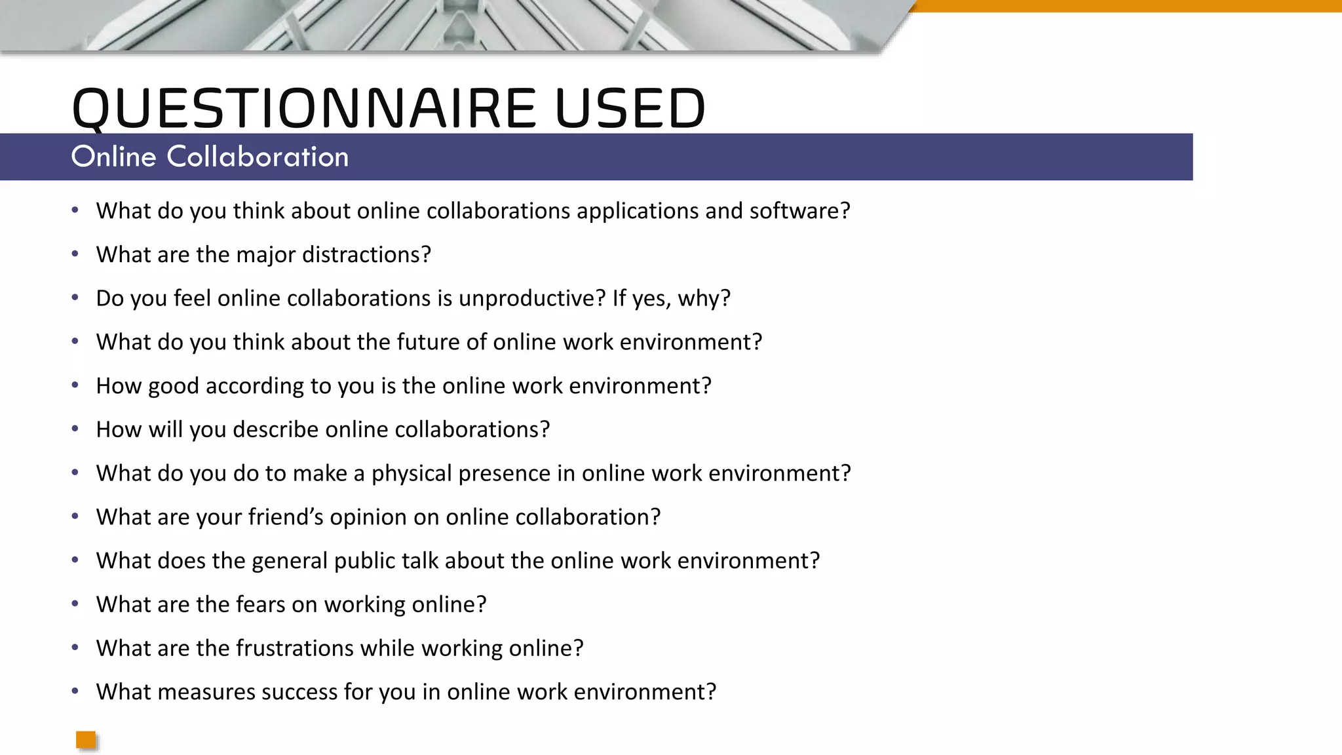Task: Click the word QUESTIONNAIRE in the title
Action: point(304,108)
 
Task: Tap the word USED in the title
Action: point(630,108)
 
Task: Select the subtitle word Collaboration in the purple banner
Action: point(258,157)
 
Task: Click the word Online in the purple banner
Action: point(113,157)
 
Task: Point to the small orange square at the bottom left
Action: point(86,740)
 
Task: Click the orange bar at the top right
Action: point(1127,6)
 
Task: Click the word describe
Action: point(275,429)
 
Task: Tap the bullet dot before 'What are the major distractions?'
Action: point(75,254)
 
